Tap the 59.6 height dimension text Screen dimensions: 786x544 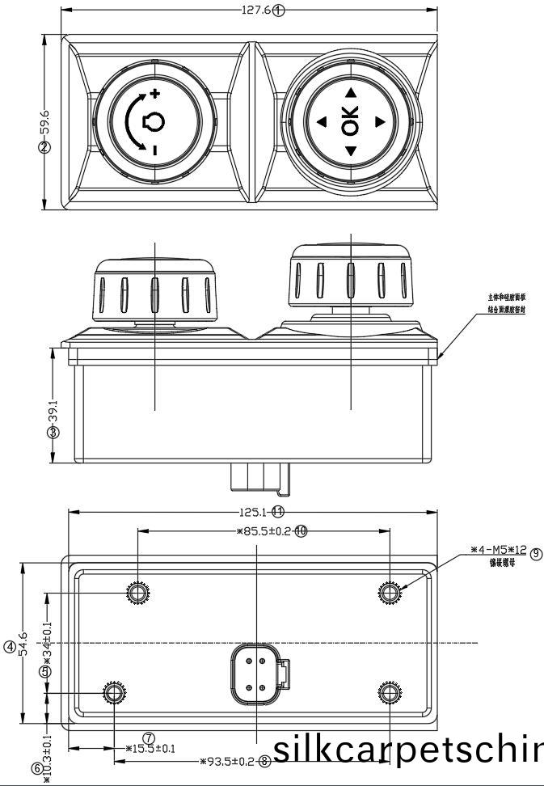pos(45,121)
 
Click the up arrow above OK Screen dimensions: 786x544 pos(351,93)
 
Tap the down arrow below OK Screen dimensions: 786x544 pos(351,150)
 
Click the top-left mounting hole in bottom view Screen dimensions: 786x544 pos(138,594)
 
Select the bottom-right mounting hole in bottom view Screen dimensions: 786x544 pos(390,694)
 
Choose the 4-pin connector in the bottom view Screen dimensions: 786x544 pos(259,673)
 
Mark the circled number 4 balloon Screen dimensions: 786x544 pos(9,646)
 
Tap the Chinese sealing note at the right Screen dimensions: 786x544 pos(507,303)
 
